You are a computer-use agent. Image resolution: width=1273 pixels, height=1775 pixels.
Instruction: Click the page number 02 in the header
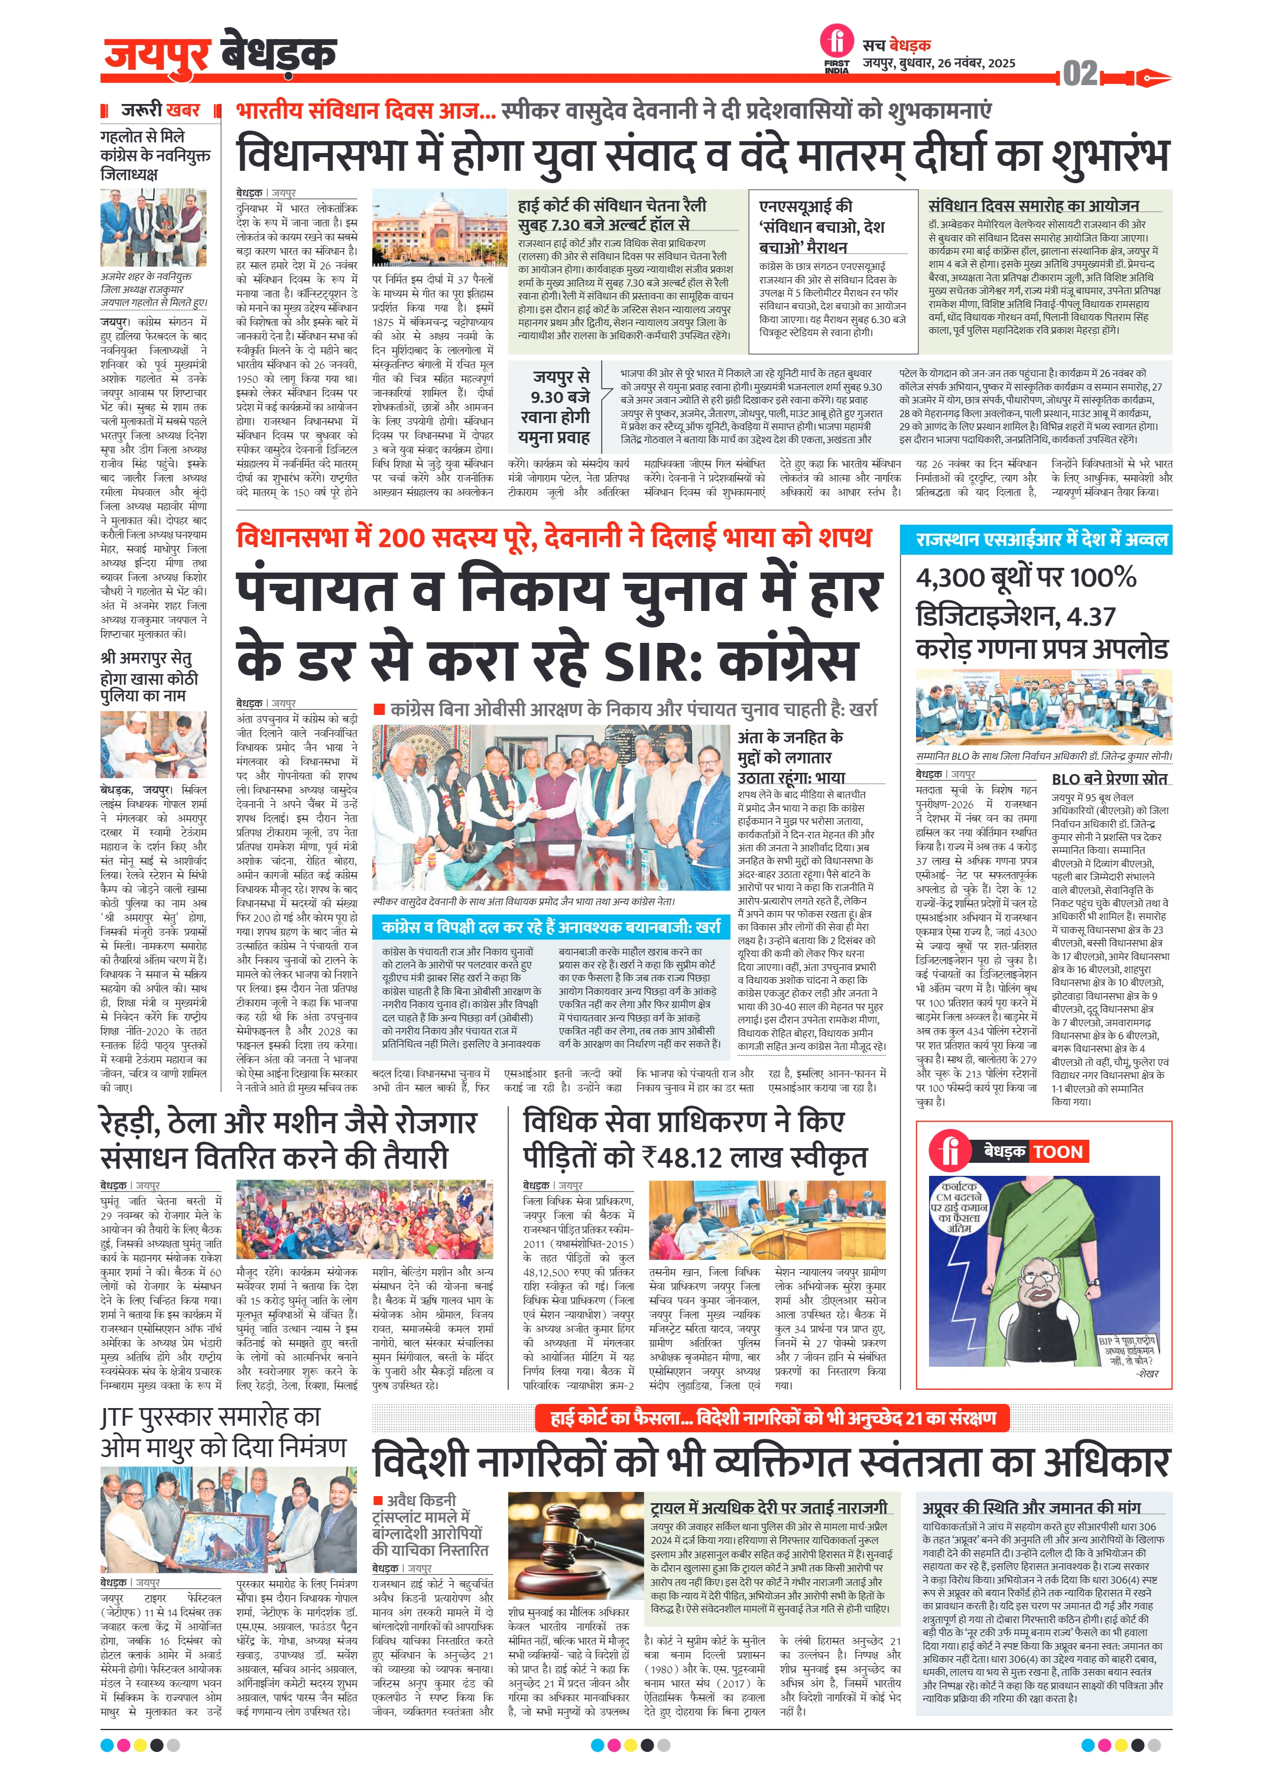(x=1080, y=74)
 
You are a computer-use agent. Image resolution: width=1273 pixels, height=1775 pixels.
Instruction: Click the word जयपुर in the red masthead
(x=157, y=54)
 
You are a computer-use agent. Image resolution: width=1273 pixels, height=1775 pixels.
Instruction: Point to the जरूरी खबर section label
(x=161, y=109)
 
